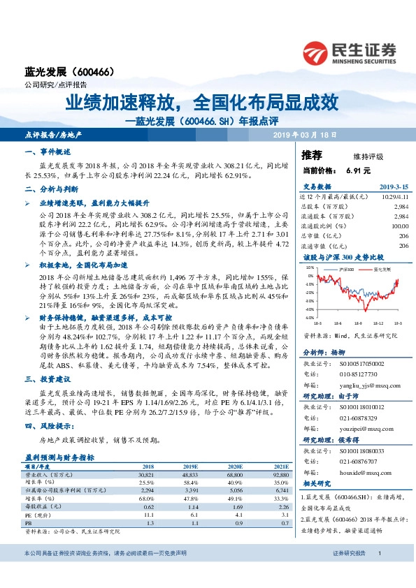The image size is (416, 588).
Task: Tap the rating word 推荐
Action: point(312,154)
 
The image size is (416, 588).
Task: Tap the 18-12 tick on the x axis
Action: point(378,323)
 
